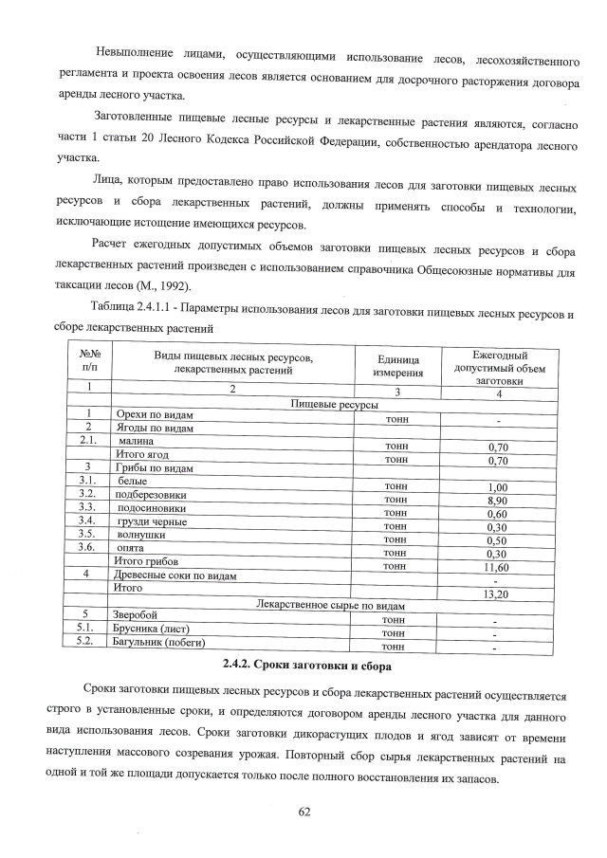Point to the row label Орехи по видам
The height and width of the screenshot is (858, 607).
click(155, 415)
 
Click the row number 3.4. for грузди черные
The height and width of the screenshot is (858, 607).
click(88, 521)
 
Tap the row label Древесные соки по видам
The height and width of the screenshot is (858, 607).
click(175, 575)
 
